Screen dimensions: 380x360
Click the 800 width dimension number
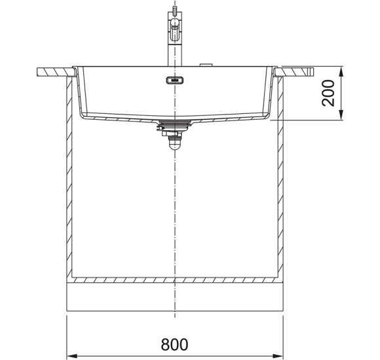click(x=174, y=344)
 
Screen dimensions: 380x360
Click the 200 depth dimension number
click(x=328, y=93)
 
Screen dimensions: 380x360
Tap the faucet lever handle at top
click(x=175, y=11)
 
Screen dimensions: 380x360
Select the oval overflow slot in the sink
click(x=175, y=80)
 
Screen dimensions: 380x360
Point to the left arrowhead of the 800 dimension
click(x=71, y=356)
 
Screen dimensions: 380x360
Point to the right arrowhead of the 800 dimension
click(x=278, y=356)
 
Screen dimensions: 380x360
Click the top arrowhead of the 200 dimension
click(x=341, y=71)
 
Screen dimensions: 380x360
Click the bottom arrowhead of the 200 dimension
click(x=341, y=115)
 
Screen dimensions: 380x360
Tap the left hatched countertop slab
click(x=56, y=72)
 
